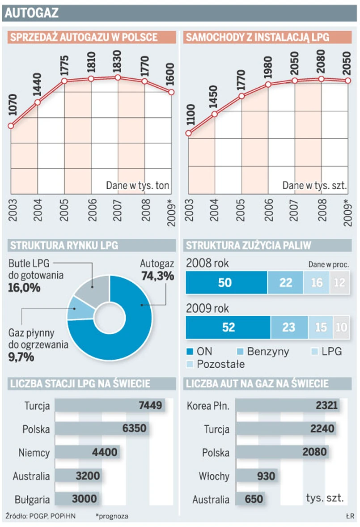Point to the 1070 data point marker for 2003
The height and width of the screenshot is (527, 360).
[11, 126]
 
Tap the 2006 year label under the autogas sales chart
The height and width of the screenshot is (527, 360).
[92, 209]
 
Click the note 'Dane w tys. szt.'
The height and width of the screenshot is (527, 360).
[315, 185]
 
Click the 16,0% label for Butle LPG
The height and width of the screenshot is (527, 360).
[24, 287]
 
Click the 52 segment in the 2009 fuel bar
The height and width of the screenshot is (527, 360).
[228, 327]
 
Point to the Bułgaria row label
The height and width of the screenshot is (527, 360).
[32, 499]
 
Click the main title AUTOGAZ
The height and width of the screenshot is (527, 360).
[31, 13]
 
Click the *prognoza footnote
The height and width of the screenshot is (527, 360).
[111, 516]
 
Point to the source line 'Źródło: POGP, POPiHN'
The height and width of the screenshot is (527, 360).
[41, 516]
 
